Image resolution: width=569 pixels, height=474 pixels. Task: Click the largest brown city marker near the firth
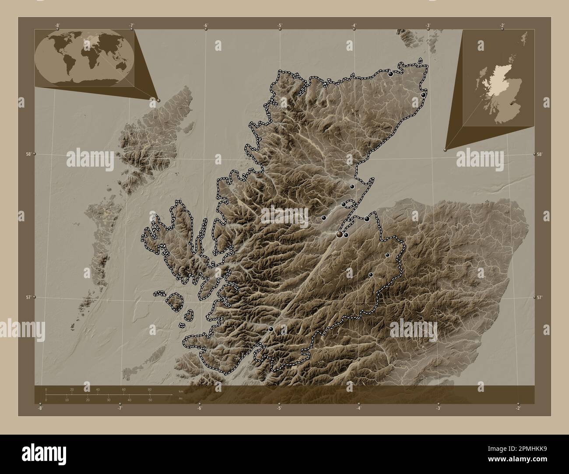(x=339, y=235)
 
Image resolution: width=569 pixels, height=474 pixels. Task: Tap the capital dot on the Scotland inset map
(x=513, y=104)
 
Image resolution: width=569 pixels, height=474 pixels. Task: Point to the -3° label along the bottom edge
(x=438, y=408)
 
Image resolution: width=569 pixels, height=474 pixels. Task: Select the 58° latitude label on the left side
(x=28, y=154)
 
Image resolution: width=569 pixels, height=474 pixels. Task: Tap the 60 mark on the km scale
(x=124, y=389)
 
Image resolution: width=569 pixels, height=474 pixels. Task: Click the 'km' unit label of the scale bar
(x=181, y=391)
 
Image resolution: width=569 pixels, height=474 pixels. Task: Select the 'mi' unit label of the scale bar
(x=180, y=398)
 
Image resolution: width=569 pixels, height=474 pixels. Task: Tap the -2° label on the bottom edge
(x=518, y=408)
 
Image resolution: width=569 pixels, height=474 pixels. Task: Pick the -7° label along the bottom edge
(x=119, y=408)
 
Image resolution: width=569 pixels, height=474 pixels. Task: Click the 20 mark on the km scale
(x=72, y=389)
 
